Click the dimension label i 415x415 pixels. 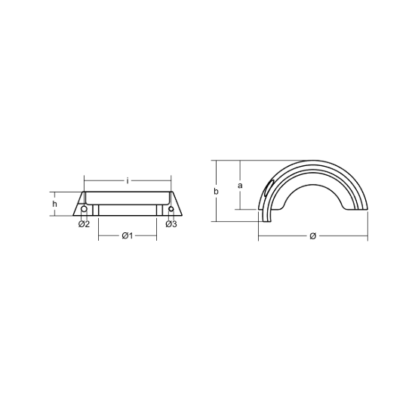(x=128, y=181)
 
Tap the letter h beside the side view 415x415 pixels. (x=55, y=204)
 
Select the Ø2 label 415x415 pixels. (x=84, y=224)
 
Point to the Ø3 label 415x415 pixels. (x=171, y=224)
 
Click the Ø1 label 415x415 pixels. (x=128, y=235)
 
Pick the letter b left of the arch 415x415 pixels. (x=217, y=191)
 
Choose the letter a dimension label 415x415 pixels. (x=240, y=186)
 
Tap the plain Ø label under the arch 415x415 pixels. (x=313, y=235)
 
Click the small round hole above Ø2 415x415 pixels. (x=84, y=209)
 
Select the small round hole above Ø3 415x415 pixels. (x=171, y=209)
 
